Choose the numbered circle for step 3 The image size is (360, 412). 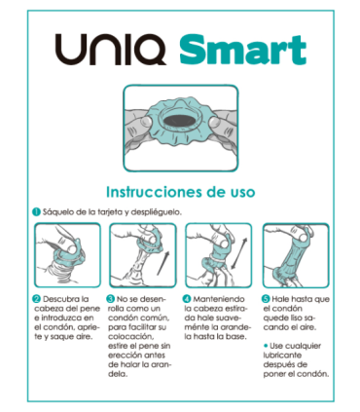(111, 298)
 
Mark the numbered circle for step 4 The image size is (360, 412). (188, 298)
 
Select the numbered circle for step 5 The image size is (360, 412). (264, 298)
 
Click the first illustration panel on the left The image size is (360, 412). (65, 255)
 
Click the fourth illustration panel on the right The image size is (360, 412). (294, 255)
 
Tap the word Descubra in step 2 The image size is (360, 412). (64, 298)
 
